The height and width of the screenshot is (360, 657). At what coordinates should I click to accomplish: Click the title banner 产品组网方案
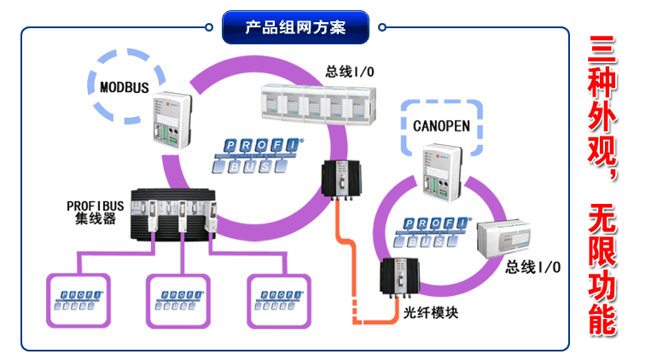tap(295, 27)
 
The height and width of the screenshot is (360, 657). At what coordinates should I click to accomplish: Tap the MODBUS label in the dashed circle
tap(125, 86)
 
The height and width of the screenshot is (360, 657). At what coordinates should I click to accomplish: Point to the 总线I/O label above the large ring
tap(349, 71)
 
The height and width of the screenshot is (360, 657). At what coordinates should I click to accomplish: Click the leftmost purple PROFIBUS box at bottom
tap(78, 299)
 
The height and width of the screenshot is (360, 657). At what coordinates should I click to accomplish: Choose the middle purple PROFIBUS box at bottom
tap(179, 299)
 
